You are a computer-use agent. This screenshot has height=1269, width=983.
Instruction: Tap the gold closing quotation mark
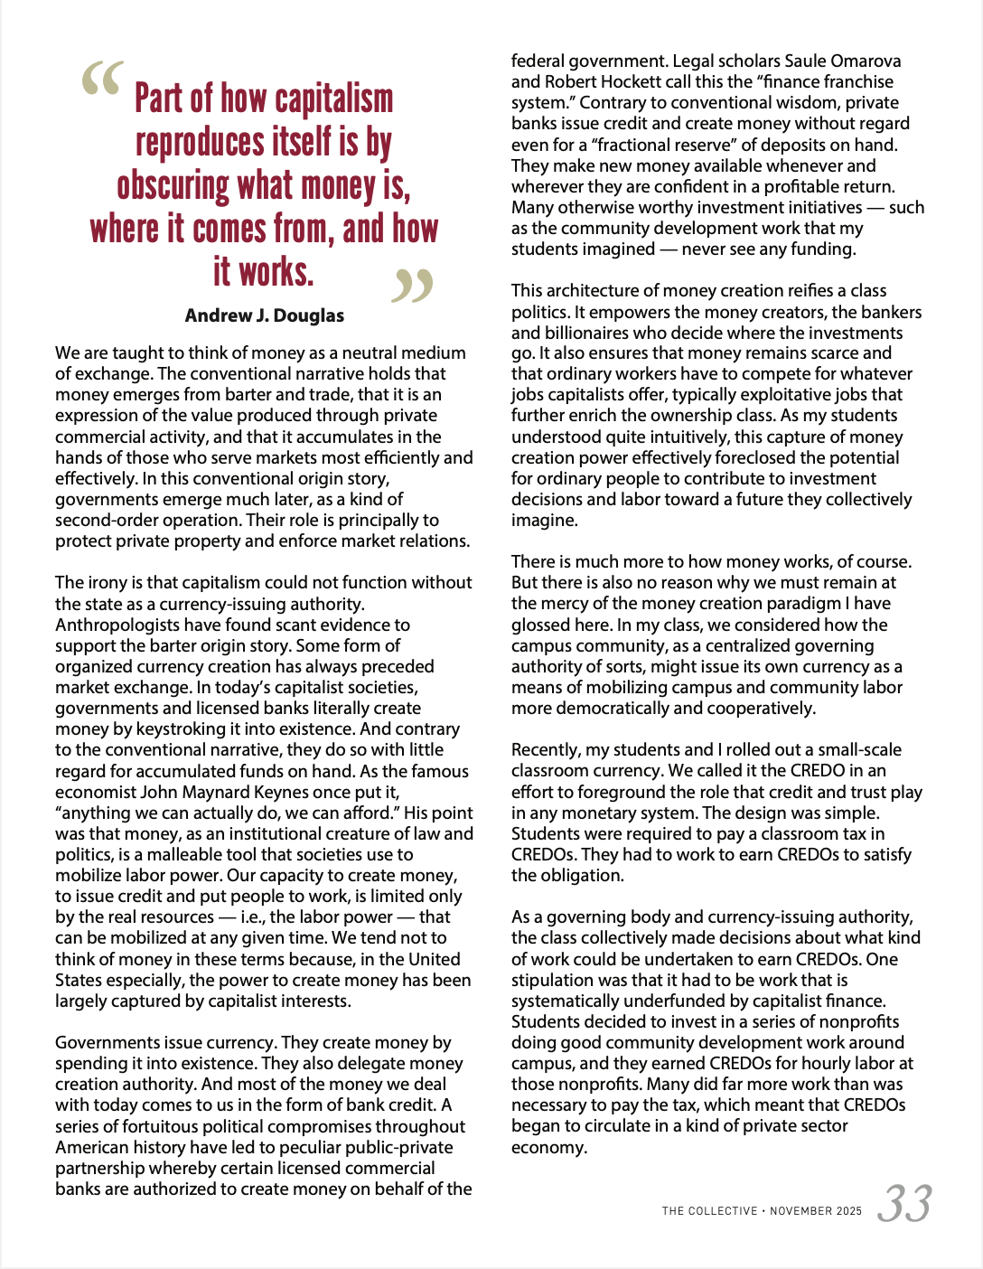[x=412, y=286]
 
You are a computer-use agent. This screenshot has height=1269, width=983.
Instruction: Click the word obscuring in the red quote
[x=173, y=186]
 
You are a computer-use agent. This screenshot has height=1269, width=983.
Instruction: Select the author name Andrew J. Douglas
[x=265, y=315]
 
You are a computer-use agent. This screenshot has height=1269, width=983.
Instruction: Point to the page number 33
[x=904, y=1204]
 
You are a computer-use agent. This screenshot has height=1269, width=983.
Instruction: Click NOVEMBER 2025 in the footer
[x=816, y=1211]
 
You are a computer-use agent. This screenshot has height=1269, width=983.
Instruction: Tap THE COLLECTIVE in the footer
[x=709, y=1211]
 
